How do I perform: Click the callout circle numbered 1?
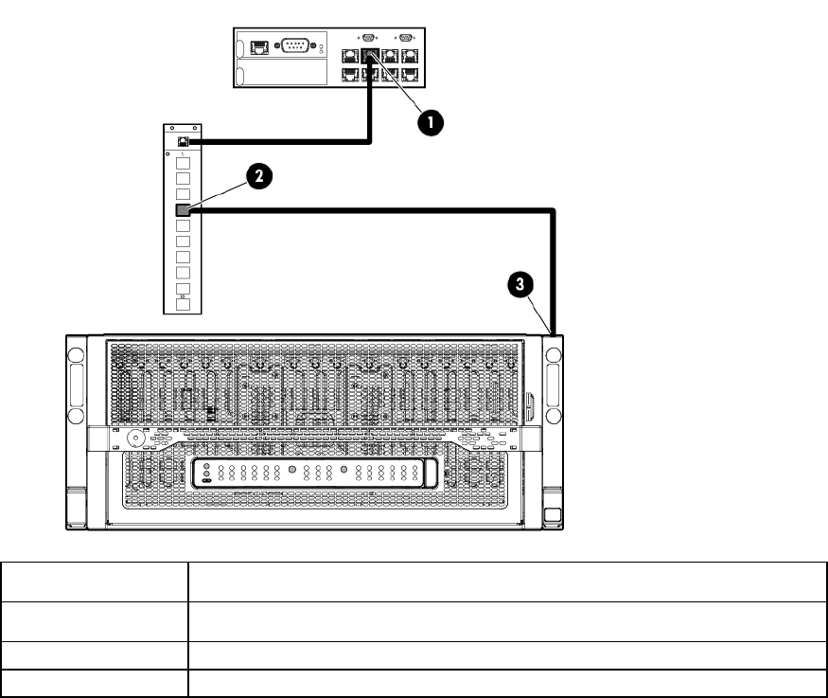(432, 120)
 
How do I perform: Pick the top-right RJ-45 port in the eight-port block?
(410, 55)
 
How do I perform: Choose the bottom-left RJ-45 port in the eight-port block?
(351, 74)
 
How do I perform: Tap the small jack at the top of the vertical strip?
(184, 141)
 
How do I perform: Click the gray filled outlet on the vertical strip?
(184, 210)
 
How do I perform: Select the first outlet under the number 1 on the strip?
(184, 162)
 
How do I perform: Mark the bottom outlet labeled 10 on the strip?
(184, 304)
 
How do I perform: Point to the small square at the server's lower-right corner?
(555, 515)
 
